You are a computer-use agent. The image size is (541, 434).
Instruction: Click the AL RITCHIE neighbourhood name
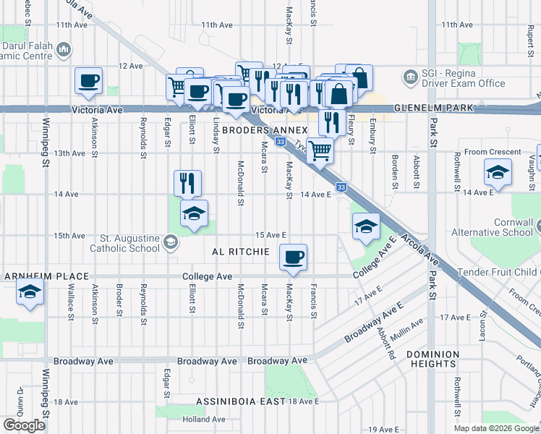click(241, 252)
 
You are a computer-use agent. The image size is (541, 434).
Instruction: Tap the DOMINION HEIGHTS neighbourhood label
click(433, 359)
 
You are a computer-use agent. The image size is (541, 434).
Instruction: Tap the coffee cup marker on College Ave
click(293, 258)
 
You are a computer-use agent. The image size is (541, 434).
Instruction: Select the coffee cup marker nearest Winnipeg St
click(88, 80)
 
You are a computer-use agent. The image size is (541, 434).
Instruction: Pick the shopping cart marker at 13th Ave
click(320, 150)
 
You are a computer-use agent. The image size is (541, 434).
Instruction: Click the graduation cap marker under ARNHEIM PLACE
click(30, 292)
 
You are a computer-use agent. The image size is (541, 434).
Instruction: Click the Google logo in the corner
click(24, 425)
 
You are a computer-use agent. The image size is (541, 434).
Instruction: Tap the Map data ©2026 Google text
click(496, 428)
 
